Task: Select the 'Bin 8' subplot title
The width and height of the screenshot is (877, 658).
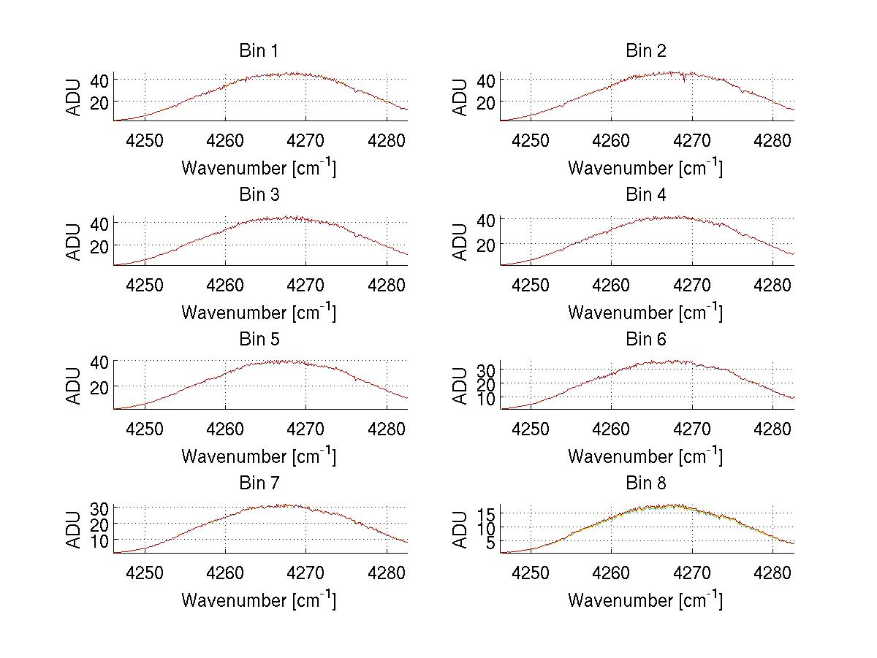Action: pos(646,483)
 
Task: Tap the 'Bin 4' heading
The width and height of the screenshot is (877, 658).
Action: pos(646,195)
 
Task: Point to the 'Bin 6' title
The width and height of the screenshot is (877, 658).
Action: pos(646,340)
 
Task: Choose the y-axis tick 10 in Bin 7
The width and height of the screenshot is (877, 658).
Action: pos(102,540)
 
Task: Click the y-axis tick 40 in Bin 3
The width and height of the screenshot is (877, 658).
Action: pos(102,223)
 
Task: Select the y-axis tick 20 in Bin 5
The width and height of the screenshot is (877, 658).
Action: pos(102,386)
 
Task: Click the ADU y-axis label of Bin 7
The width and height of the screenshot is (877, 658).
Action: pos(74,529)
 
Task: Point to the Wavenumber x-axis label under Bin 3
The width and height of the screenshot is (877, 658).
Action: pos(259,312)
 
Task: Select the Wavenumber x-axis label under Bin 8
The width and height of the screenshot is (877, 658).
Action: pos(645,600)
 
